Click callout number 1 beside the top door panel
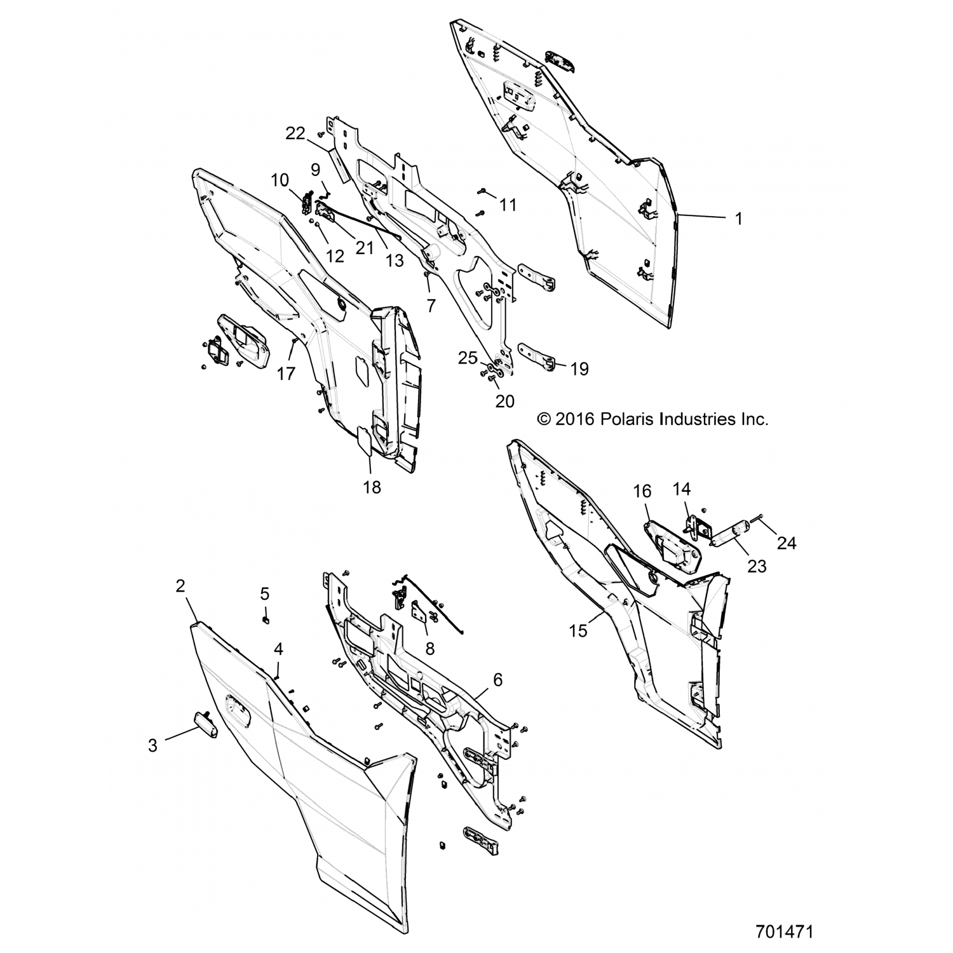click(x=738, y=219)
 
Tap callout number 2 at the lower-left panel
click(x=180, y=586)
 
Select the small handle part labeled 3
click(x=206, y=725)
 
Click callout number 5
click(x=265, y=593)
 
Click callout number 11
click(x=508, y=205)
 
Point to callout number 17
click(x=287, y=374)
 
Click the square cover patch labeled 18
click(x=363, y=440)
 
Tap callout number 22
click(x=295, y=134)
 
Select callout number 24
click(x=787, y=543)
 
